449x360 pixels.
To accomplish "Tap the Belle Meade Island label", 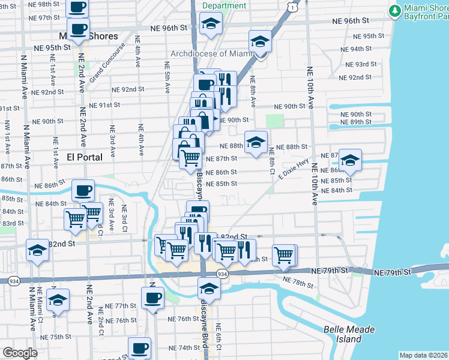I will (x=349, y=334).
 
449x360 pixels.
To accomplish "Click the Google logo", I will (x=20, y=352).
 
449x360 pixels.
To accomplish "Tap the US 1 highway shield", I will (x=292, y=6).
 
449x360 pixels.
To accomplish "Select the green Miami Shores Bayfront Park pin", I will (x=394, y=11).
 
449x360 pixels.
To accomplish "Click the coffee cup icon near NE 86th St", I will (x=83, y=191).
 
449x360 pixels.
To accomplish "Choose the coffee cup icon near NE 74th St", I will (x=140, y=347).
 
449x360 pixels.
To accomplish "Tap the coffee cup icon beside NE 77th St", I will (x=152, y=297).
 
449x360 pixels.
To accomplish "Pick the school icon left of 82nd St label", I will (x=37, y=250).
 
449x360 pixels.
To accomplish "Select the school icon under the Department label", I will (x=211, y=24).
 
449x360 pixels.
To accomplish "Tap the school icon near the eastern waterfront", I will (x=350, y=160).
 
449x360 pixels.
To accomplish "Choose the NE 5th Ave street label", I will (x=167, y=74).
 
